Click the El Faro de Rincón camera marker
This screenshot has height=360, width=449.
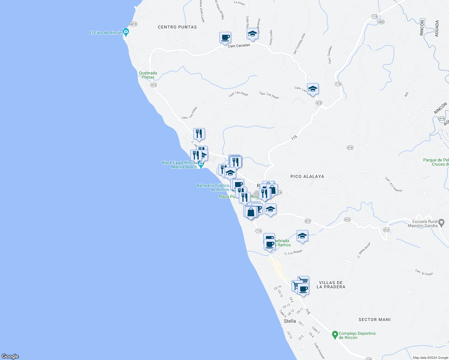126,32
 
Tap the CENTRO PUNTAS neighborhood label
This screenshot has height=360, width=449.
177,27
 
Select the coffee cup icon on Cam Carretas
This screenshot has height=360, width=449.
225,38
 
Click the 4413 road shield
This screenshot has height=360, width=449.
133,24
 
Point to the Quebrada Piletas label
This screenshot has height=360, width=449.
148,75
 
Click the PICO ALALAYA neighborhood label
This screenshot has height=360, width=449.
307,176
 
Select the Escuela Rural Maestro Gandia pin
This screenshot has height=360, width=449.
441,223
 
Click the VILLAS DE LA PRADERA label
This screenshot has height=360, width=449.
331,285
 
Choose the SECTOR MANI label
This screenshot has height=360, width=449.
375,319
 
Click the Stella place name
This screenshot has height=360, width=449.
290,321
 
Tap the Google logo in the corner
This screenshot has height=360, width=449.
10,356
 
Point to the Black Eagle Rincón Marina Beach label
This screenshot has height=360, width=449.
179,165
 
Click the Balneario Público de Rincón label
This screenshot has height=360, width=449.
213,187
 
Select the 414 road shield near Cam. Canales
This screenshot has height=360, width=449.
350,148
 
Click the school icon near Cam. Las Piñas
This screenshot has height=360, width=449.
313,89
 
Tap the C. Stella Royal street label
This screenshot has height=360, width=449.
364,250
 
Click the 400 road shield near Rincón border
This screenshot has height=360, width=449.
381,22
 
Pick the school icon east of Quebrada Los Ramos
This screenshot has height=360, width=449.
302,236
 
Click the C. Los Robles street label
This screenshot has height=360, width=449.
293,252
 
